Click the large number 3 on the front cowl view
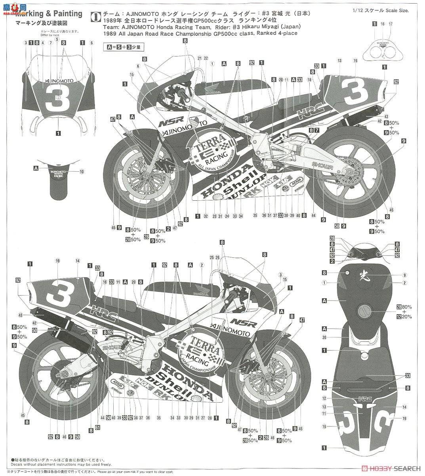(54, 101)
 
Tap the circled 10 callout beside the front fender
(82, 171)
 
